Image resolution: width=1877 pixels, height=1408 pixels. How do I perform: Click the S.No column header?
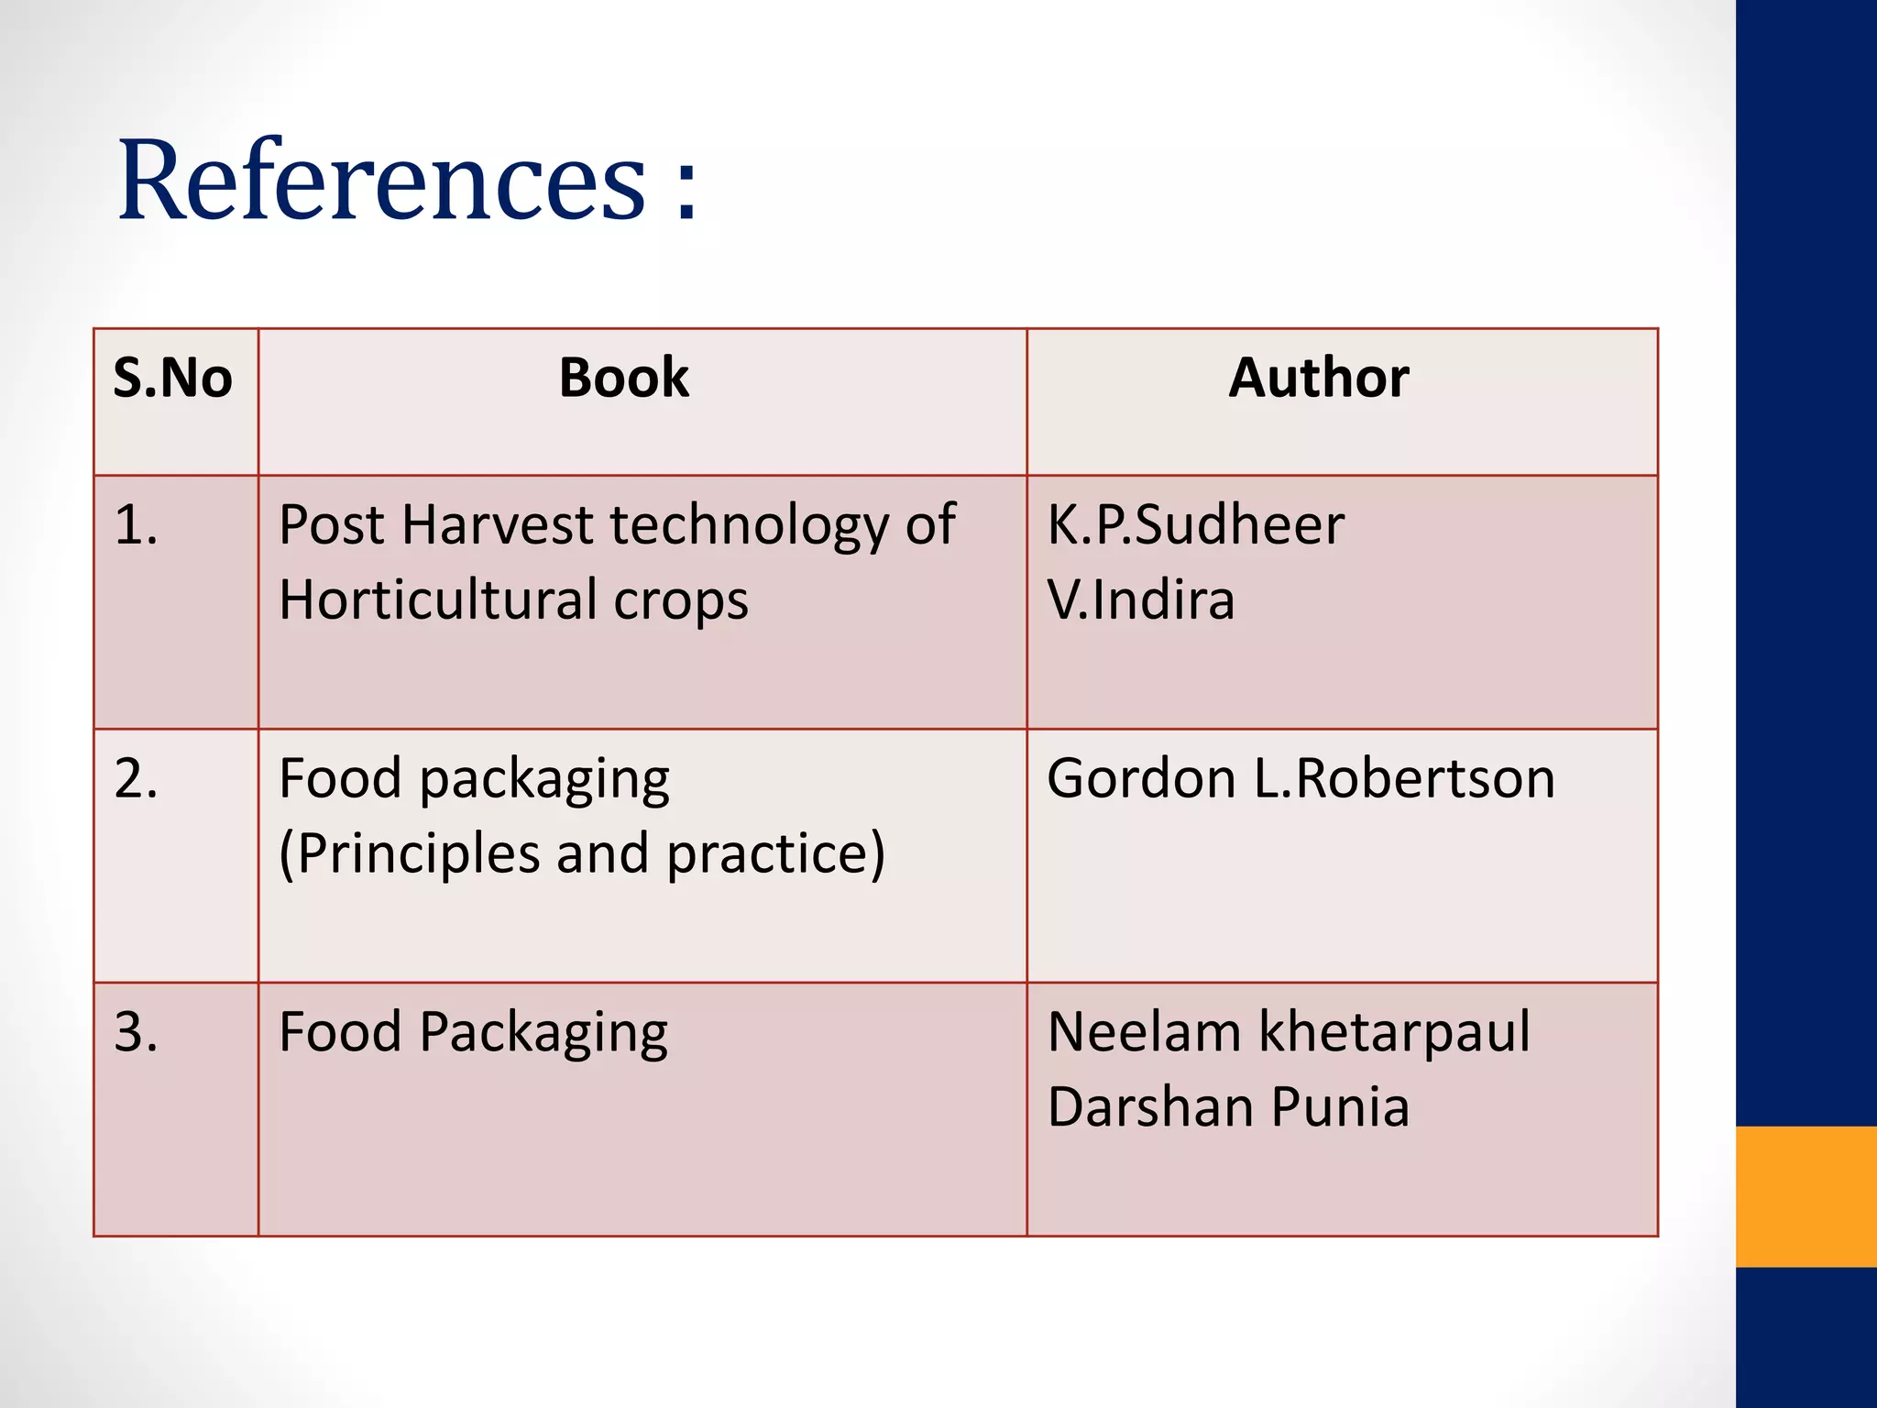tap(172, 378)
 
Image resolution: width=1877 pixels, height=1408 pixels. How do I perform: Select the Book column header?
tap(623, 378)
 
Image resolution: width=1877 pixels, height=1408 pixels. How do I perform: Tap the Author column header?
tap(1318, 378)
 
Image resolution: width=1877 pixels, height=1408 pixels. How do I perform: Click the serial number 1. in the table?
tap(136, 526)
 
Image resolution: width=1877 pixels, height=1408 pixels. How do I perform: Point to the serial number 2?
tap(136, 779)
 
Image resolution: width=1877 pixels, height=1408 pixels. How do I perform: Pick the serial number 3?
tap(136, 1032)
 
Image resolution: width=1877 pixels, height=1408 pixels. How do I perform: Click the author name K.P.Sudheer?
tap(1195, 526)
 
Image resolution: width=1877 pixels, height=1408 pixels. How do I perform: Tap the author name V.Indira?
tap(1140, 600)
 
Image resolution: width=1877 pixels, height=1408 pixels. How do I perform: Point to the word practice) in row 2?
tap(775, 854)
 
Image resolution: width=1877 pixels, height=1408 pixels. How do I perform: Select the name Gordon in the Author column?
tap(1142, 779)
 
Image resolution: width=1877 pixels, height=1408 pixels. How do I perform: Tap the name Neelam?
tap(1144, 1032)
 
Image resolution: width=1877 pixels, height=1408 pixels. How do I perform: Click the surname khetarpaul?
tap(1394, 1032)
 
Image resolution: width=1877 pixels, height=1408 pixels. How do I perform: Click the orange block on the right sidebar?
tap(1806, 1196)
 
